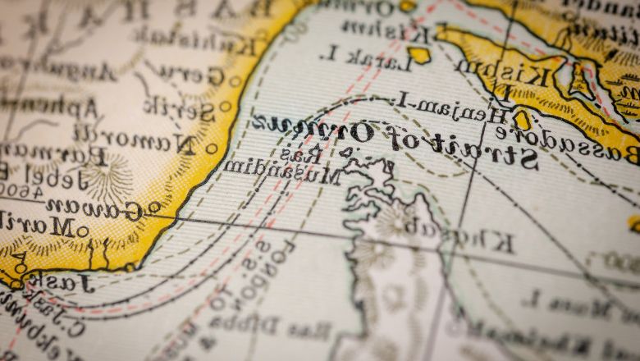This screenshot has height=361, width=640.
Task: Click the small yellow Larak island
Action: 420,55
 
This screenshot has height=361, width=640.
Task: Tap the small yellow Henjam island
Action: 522,120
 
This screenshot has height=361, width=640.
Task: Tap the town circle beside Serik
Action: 225,106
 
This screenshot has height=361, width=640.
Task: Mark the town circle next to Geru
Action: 235,81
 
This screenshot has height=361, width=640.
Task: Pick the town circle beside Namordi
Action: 212,149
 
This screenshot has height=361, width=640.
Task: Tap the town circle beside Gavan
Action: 154,208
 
